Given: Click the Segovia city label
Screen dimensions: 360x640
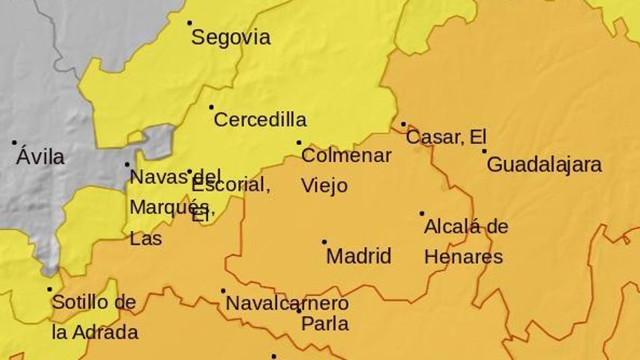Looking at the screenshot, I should point(231,38).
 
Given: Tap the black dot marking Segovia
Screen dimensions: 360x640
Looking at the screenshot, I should point(190,23).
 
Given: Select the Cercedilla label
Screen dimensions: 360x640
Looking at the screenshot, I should point(260,120).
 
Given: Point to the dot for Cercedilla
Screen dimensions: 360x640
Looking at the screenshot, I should point(212,107).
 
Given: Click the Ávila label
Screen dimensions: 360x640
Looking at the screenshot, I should point(40,157).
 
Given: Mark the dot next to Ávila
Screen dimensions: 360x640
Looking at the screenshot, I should point(14,143).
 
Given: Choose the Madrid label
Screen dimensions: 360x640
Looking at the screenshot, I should point(359,256).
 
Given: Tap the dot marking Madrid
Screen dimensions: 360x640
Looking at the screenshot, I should point(324,241).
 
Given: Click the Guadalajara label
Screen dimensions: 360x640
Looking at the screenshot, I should point(544,164).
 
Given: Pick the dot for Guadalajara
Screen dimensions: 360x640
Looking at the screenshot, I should point(484,151).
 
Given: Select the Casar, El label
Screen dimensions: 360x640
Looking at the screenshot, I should point(446,137).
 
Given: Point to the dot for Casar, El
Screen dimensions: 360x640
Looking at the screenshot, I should point(404,124).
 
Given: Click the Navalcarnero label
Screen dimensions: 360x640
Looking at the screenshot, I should point(287,303).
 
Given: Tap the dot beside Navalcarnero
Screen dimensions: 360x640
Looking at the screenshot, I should point(223,291).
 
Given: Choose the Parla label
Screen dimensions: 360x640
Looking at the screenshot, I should point(325,324).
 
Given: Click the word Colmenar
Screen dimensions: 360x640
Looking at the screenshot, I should point(346,156).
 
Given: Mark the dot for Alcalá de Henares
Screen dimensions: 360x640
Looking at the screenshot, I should point(422,214).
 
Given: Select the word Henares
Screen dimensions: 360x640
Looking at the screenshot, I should point(463,257).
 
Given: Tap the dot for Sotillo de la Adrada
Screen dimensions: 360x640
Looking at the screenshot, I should point(50,289).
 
